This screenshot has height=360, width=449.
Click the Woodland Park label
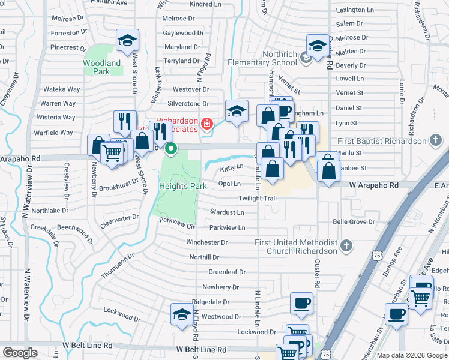tap(102, 67)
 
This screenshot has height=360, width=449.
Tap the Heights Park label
tap(183, 186)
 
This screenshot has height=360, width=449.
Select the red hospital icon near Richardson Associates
tap(206, 124)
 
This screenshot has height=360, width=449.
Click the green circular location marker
tap(172, 148)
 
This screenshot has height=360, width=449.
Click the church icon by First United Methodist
tap(346, 245)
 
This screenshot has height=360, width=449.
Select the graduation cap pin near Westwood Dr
tap(182, 314)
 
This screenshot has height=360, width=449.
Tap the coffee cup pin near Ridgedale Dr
tap(301, 302)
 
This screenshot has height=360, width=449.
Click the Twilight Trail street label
tap(258, 198)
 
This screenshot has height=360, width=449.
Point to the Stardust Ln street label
tap(227, 212)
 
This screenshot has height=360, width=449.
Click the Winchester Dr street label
tap(206, 242)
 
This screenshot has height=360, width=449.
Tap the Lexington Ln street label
tap(359, 10)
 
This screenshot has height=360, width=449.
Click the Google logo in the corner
tap(20, 353)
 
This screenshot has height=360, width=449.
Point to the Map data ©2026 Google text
tap(411, 355)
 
